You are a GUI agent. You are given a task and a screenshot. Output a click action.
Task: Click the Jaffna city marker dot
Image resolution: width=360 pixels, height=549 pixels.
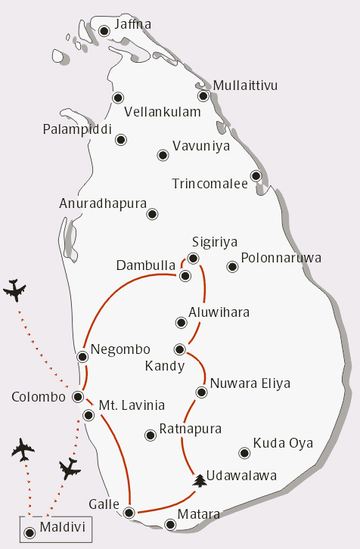click(x=104, y=31)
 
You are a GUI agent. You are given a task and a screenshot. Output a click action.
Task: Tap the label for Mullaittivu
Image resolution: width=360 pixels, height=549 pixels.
click(x=245, y=85)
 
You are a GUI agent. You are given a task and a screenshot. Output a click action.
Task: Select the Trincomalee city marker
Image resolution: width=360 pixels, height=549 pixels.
click(x=256, y=176)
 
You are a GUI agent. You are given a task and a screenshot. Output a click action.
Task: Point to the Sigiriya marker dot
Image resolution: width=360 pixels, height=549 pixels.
click(x=193, y=259)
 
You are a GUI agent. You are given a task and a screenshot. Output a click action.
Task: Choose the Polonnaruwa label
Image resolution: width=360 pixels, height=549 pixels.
click(x=281, y=258)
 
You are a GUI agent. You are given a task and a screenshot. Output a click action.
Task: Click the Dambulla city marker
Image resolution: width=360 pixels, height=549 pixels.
click(x=183, y=276)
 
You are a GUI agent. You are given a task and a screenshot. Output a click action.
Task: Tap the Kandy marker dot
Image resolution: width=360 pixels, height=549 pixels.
click(x=180, y=349)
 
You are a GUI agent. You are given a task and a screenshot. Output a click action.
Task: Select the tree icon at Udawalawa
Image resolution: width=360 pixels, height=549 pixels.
click(x=200, y=480)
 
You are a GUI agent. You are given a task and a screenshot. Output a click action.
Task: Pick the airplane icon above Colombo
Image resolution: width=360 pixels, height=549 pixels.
click(x=14, y=290)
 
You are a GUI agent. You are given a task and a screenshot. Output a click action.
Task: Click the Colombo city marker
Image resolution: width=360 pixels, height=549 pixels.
click(x=77, y=396)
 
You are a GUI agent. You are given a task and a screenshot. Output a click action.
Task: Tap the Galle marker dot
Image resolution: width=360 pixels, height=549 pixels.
click(x=129, y=513)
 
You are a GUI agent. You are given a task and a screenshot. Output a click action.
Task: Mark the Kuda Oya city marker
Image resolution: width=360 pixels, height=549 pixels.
click(x=244, y=454)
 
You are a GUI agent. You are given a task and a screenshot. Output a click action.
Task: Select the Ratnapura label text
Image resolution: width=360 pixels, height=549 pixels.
click(x=190, y=429)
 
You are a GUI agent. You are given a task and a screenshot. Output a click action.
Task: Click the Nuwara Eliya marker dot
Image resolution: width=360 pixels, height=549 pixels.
click(x=201, y=392)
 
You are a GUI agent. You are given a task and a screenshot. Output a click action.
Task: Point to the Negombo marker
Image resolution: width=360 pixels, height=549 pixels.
click(x=82, y=356)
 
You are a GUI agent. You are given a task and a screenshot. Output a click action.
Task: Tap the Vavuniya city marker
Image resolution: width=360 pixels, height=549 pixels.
click(x=163, y=155)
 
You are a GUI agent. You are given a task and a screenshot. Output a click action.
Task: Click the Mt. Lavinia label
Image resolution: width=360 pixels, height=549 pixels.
click(x=132, y=405)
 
